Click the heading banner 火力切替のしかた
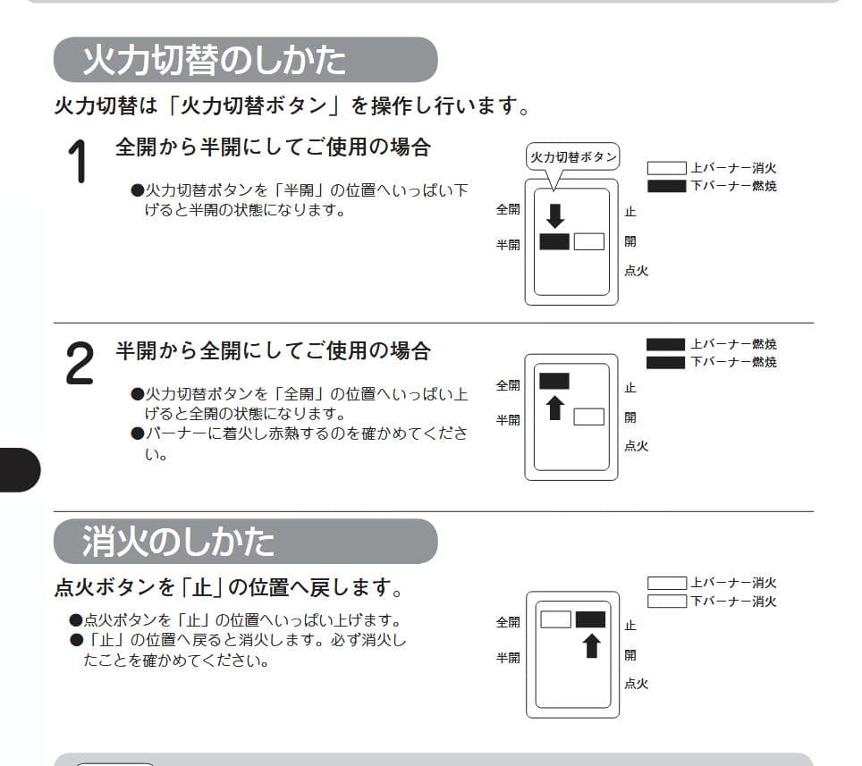245,60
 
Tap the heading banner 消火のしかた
245,542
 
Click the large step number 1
78,162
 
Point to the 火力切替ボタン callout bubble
572,156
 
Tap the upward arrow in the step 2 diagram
555,408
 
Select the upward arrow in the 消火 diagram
590,645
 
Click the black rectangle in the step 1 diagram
554,241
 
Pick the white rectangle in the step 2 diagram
588,417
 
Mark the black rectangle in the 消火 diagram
590,619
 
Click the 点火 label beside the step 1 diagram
636,271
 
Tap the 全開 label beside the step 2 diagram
508,385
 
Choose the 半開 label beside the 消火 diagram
508,658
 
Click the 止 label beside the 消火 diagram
630,626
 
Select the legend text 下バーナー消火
733,602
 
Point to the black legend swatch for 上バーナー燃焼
665,344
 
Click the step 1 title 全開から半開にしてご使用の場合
273,147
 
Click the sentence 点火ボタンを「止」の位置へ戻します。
228,589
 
